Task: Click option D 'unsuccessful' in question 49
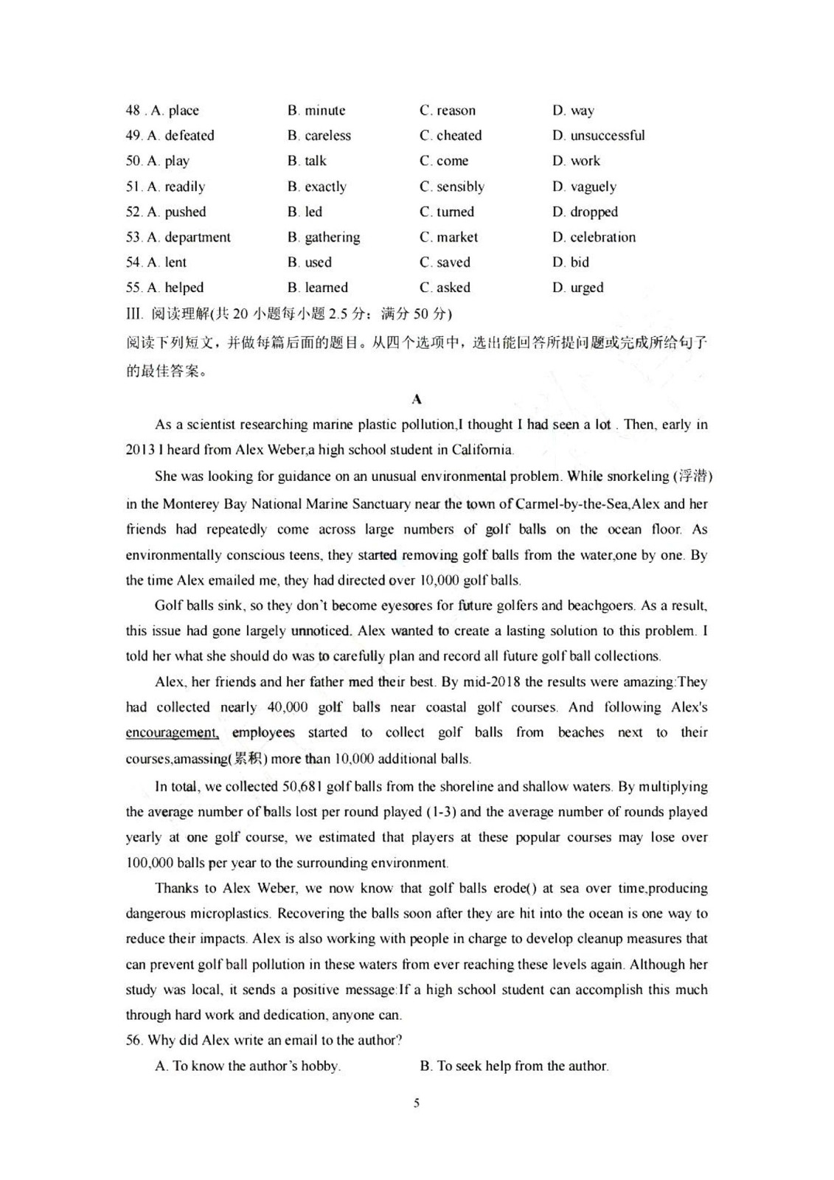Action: tap(598, 136)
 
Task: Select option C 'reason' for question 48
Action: tap(448, 111)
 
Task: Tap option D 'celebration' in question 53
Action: tap(594, 237)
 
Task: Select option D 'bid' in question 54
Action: tap(571, 263)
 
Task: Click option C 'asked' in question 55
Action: tap(445, 288)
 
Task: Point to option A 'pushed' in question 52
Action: tap(176, 212)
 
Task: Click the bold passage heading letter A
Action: tap(417, 400)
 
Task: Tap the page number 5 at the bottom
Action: tap(417, 1103)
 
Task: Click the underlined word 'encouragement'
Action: tap(172, 733)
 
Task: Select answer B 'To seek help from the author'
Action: tap(515, 1066)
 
